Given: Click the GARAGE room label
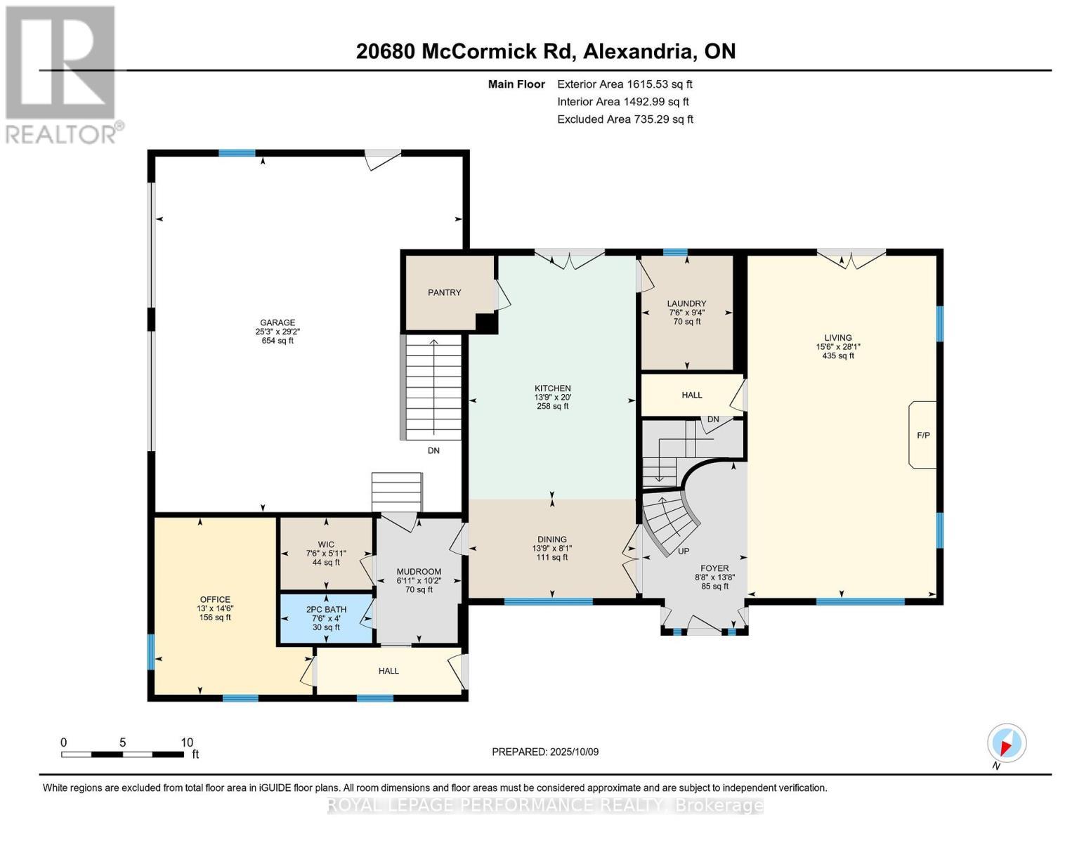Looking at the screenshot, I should pos(277,323).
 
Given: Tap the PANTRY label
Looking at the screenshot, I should pos(444,292).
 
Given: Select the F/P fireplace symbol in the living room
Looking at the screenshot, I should pos(922,435).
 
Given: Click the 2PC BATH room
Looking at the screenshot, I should pos(326,618).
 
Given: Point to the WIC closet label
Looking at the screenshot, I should pos(325,544).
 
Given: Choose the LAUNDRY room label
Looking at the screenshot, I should pos(686,303).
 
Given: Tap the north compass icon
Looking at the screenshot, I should pos(1006,743).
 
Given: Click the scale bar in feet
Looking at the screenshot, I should pos(123,754).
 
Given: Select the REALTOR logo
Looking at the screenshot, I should pos(62,74).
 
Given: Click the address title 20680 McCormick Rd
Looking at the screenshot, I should pos(545,51).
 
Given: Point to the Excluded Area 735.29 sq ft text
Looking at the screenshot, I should pos(625,119).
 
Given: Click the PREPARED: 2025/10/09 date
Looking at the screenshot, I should pos(545,752).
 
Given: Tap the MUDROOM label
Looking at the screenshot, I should pos(419,571).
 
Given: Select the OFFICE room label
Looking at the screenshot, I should pos(214,599).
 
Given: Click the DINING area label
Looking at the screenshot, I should pos(551,540).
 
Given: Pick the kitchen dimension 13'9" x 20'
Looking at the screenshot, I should pos(552,397).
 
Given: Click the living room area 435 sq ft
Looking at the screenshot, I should pos(837,356).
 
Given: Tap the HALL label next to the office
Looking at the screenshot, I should pos(388,671).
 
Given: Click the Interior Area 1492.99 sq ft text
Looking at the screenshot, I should pos(622,102).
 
